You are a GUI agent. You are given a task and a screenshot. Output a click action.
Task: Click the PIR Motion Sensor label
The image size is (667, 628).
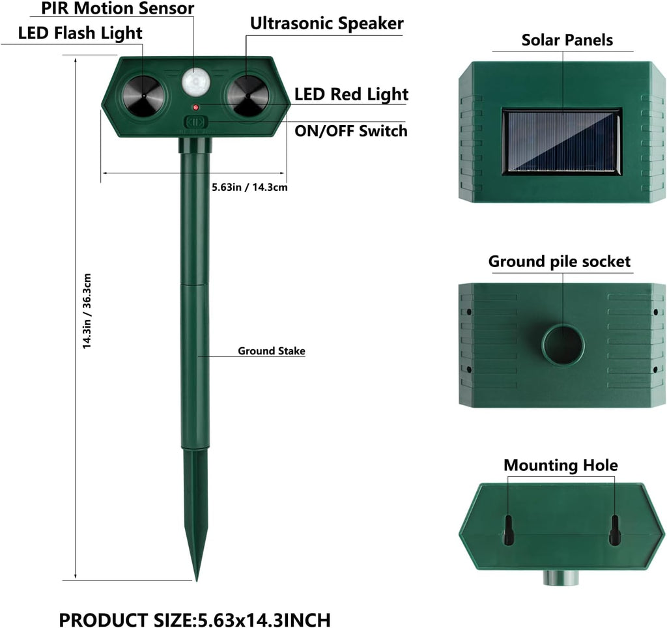[117, 8]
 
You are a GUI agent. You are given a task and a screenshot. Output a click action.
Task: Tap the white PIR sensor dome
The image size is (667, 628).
[196, 81]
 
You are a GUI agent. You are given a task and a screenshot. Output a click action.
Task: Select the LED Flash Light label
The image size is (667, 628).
[80, 33]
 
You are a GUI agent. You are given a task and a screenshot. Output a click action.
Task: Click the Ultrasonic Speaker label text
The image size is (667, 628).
[327, 23]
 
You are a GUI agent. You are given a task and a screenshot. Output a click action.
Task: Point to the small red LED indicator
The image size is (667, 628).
[195, 107]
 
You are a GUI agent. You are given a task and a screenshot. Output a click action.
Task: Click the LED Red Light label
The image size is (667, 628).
[351, 94]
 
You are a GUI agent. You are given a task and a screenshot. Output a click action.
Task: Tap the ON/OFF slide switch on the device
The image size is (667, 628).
[195, 122]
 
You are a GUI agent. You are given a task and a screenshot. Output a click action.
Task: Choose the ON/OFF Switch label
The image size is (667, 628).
[351, 131]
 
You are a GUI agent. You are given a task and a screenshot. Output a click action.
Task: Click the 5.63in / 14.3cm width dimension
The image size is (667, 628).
[249, 187]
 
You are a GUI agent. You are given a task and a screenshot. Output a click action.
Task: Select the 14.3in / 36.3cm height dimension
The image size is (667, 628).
[87, 311]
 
